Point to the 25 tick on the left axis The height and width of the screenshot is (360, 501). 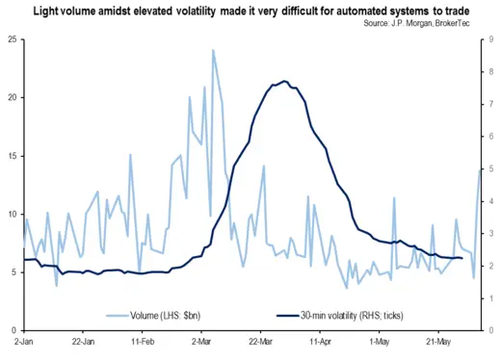pos(10,39)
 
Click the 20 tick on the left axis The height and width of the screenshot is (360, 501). pos(10,97)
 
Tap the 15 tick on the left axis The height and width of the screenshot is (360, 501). pos(10,156)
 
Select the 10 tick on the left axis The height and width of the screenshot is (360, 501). pos(10,214)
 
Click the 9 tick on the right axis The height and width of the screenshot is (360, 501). pos(491,39)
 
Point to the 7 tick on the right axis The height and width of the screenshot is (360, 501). pos(491,104)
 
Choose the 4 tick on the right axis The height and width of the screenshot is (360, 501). pos(491,201)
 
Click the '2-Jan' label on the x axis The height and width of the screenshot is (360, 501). pos(24,342)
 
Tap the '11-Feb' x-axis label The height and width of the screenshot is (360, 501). pos(143,342)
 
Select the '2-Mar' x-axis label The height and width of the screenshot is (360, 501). pos(202,342)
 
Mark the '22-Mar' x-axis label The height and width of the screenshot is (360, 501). pos(261,342)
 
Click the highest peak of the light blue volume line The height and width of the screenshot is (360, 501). pos(213,50)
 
